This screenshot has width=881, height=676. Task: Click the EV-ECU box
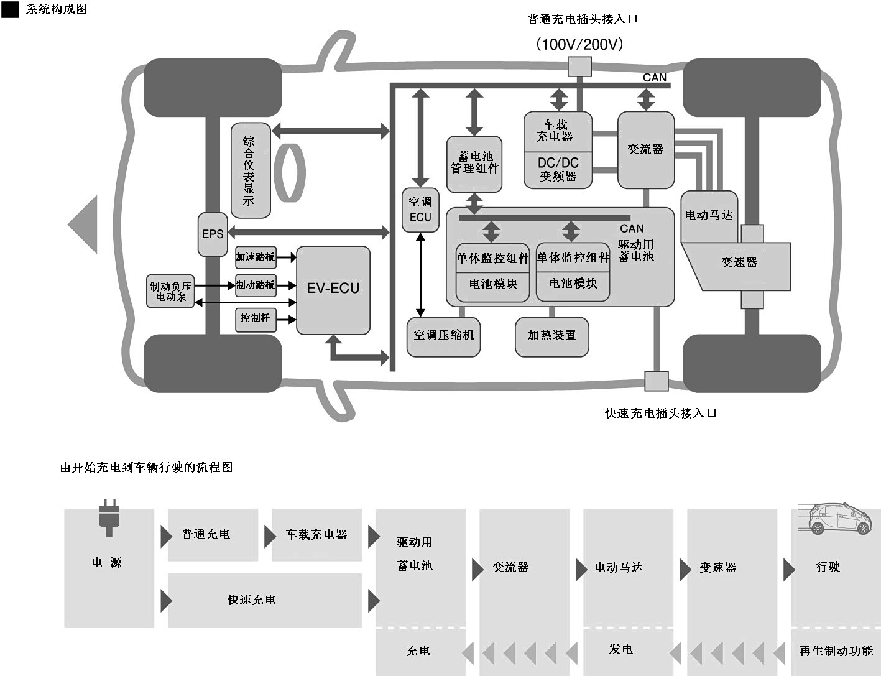333,290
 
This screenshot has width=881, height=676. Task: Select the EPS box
213,234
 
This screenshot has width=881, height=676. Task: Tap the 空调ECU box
420,210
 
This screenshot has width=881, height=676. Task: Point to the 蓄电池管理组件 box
474,164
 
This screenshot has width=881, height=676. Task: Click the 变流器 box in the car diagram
646,150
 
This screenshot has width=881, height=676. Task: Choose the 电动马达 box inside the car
709,216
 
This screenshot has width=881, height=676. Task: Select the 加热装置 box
551,337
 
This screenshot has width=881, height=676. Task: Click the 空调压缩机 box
443,337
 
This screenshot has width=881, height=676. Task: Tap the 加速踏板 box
256,257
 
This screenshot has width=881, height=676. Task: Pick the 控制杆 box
256,320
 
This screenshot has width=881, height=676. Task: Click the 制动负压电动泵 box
170,291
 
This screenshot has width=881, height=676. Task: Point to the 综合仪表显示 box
251,170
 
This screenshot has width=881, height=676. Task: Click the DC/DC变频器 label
558,170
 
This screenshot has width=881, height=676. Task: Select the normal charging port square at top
579,67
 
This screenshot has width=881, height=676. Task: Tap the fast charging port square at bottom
657,381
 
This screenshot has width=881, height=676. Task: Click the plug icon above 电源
109,518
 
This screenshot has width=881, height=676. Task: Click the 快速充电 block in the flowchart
265,601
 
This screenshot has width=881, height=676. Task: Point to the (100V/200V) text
579,44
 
